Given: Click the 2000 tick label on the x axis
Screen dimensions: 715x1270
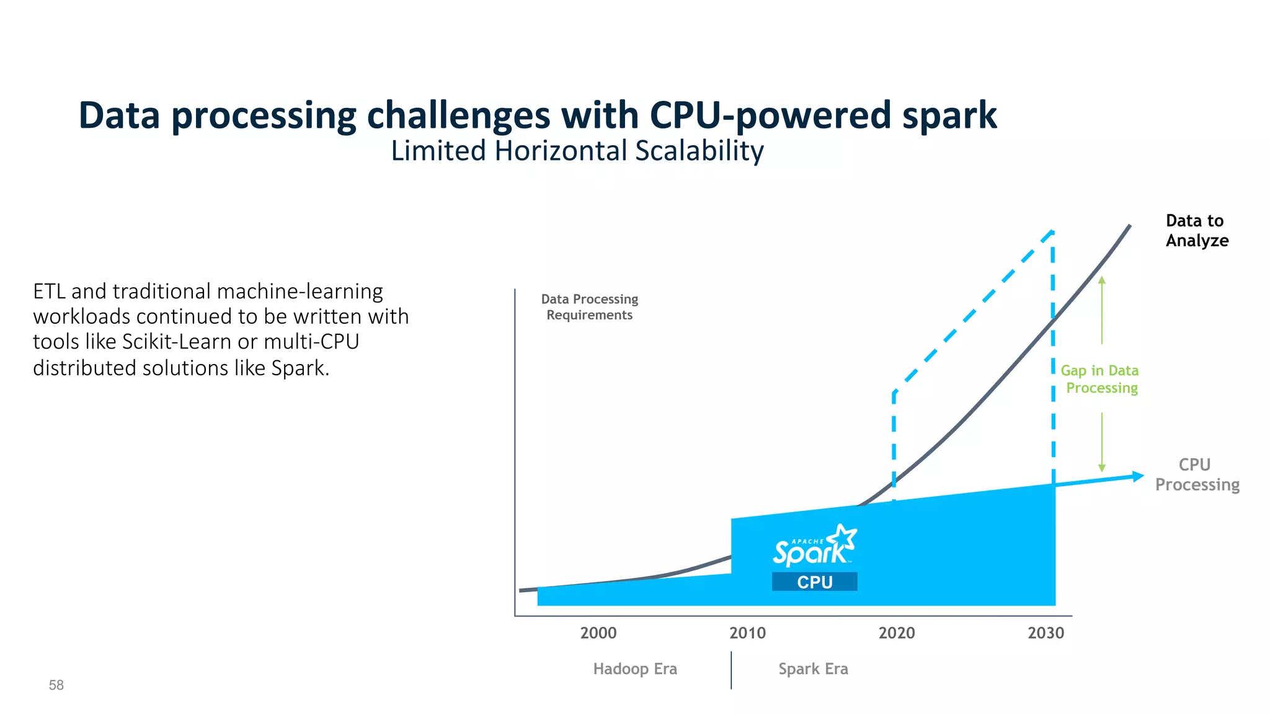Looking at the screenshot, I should click(x=598, y=633).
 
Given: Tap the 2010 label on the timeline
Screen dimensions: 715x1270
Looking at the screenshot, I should click(x=747, y=633).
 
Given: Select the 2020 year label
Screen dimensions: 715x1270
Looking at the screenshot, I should click(x=896, y=633).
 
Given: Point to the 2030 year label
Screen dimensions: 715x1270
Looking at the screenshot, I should click(x=1046, y=633).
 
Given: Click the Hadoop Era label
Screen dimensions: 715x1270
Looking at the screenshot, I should click(x=635, y=668).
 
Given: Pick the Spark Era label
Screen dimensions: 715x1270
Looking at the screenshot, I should click(x=813, y=668).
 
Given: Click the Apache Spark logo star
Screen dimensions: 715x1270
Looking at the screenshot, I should click(x=843, y=537).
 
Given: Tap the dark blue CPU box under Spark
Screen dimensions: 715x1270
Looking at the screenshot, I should click(x=814, y=582).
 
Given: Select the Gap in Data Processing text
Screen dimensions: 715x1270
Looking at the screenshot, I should click(x=1100, y=379).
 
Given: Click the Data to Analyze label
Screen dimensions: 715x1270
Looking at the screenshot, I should click(x=1196, y=230).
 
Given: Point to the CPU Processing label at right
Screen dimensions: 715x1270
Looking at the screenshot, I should click(x=1197, y=474).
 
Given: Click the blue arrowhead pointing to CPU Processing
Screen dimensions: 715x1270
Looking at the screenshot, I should click(x=1138, y=476).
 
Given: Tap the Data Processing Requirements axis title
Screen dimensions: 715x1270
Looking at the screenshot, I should click(x=589, y=307).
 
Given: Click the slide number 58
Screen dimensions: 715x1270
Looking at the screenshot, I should click(x=56, y=685).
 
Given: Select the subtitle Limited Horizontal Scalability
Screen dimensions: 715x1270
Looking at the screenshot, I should click(x=577, y=151).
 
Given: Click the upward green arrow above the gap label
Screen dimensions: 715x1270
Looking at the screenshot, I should click(x=1102, y=310).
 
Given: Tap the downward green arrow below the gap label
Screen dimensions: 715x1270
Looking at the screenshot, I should click(x=1102, y=442).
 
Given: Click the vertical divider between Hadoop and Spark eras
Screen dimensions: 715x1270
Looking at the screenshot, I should click(x=731, y=670).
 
